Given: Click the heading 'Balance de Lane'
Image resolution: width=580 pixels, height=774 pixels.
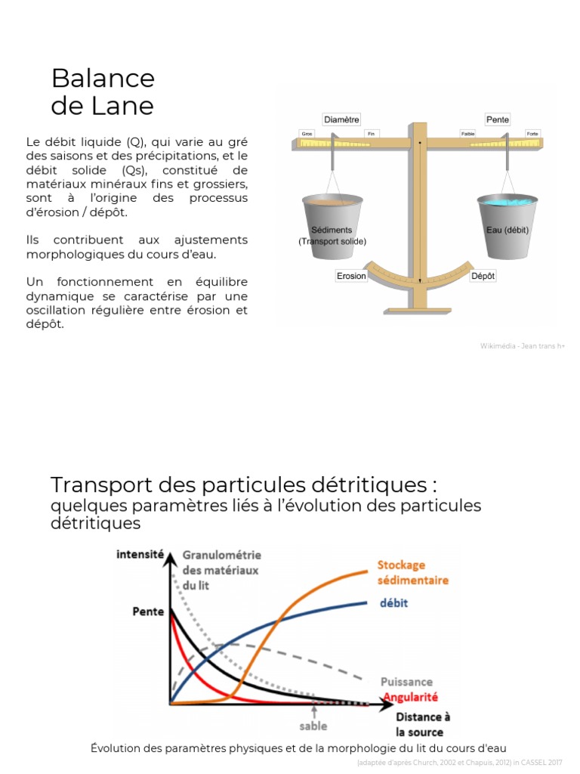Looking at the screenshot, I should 103,91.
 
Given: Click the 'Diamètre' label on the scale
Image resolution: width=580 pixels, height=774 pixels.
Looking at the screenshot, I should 341,119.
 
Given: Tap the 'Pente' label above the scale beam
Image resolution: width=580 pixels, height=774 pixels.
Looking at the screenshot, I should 498,119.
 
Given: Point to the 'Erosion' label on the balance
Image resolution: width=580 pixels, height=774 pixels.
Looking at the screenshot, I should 351,276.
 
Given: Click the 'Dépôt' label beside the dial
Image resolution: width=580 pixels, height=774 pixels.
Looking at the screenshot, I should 483,276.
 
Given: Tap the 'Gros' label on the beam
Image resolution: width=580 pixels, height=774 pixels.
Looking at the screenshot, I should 307,134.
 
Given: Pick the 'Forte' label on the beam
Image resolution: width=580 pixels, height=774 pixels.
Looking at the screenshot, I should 533,134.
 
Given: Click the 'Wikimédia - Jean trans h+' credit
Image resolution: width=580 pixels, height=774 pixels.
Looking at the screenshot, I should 522,345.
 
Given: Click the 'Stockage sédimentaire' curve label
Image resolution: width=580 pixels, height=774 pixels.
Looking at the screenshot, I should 412,572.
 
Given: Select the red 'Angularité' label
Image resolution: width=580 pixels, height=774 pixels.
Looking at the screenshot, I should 411,696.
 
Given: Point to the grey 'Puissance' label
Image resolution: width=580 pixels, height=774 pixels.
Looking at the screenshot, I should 406,682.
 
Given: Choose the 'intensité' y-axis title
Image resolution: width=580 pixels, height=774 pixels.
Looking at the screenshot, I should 140,553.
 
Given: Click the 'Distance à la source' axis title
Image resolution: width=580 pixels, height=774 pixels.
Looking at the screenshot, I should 423,724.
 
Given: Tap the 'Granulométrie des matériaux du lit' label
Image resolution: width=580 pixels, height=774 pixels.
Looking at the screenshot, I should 221,570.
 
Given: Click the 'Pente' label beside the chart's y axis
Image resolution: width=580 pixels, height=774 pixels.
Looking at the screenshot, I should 148,611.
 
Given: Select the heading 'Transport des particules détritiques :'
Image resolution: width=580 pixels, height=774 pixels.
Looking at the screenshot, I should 244,484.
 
